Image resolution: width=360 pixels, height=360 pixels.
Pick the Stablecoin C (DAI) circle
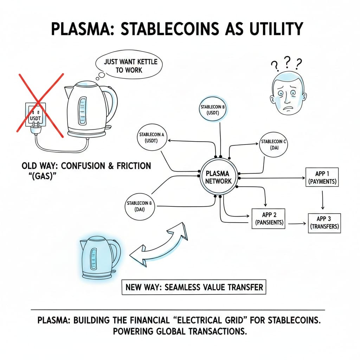coord(274,145)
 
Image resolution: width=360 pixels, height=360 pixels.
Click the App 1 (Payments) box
coord(322,178)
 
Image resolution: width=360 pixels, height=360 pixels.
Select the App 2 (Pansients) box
coord(268,218)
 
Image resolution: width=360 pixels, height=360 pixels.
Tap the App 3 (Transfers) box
coord(324,223)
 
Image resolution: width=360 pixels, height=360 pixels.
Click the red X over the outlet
coord(40,104)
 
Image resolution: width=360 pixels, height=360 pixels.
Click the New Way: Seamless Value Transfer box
coord(194,287)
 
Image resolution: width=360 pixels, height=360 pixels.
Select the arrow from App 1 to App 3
coord(322,199)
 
